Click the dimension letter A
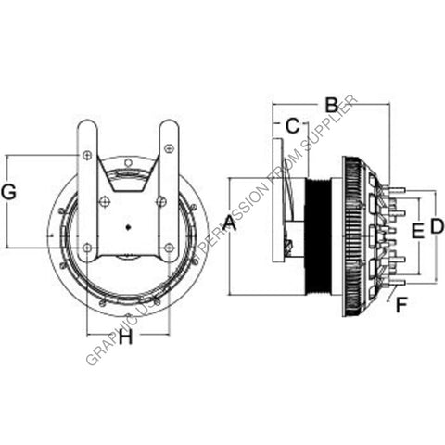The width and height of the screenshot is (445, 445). click(x=230, y=223)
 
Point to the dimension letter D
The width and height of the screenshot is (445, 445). click(x=437, y=226)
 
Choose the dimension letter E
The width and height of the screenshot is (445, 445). click(x=417, y=230)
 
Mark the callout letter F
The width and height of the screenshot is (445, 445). click(x=400, y=301)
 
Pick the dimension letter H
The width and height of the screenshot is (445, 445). click(x=125, y=338)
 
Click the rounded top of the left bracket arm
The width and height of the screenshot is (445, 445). click(x=85, y=127)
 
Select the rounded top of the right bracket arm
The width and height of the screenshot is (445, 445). click(x=170, y=127)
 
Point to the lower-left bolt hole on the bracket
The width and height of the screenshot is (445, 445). click(x=87, y=248)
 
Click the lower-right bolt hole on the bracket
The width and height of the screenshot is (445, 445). click(x=168, y=248)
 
